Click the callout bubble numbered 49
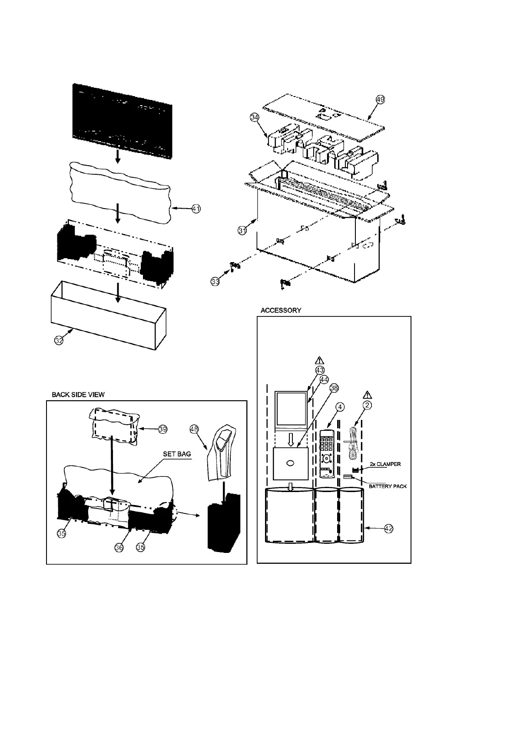(380, 99)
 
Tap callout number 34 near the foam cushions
(255, 117)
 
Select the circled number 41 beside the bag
(196, 209)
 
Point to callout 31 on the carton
(242, 230)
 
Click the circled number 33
(215, 282)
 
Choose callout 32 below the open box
(59, 340)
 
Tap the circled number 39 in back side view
(163, 429)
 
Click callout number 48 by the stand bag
(194, 429)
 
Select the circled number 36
(119, 548)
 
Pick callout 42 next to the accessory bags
(389, 529)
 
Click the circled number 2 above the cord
(368, 405)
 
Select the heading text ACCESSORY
(281, 310)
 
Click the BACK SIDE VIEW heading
(78, 395)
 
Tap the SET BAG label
(177, 454)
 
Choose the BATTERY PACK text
(388, 486)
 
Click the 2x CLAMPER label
(385, 464)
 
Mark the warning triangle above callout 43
(319, 360)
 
